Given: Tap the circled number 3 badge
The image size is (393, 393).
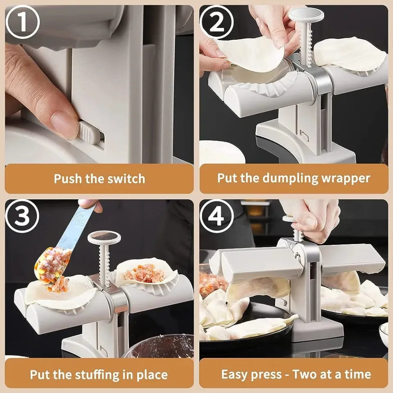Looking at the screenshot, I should tap(23, 216).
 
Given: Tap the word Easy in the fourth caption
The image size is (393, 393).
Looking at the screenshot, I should tap(236, 374).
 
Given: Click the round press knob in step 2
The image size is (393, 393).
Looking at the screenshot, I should tap(306, 16).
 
